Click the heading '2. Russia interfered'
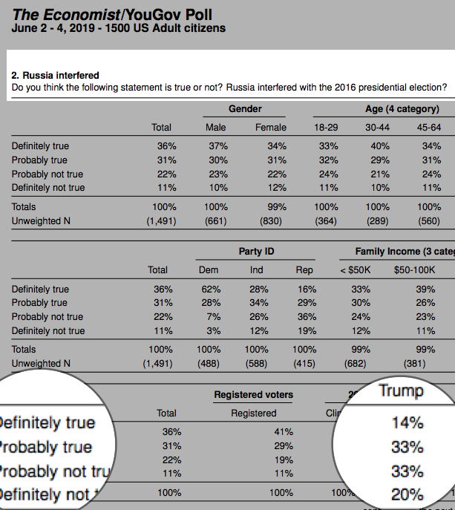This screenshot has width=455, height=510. tap(56, 75)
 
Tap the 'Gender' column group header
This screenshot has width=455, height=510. tap(245, 109)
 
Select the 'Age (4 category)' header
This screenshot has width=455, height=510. tap(402, 109)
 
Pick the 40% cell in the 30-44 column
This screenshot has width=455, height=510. tap(380, 146)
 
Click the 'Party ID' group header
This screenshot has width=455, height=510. tap(256, 252)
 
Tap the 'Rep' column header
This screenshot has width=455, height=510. tap(304, 270)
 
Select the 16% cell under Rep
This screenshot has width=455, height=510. tap(307, 289)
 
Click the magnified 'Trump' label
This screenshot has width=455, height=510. tap(401, 390)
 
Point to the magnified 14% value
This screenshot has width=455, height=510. tap(407, 423)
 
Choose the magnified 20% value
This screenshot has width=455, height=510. tap(407, 494)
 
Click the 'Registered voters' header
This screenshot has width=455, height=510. tap(253, 394)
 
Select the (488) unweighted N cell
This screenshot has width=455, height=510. tap(209, 364)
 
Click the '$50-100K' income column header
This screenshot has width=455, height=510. tap(415, 270)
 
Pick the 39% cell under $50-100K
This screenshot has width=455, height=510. tap(426, 289)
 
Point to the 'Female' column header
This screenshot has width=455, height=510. tap(271, 128)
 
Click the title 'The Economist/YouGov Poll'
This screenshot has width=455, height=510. tap(109, 14)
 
